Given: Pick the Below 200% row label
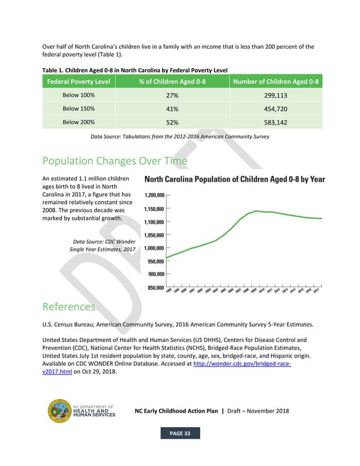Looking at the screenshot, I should (78, 121).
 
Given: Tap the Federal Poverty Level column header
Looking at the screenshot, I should (78, 82).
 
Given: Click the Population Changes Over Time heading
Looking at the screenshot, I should (115, 161).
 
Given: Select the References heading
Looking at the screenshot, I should (69, 306).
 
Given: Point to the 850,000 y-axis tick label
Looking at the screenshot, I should (154, 288).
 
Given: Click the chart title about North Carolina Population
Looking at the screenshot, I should (235, 179).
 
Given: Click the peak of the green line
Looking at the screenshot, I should (257, 211).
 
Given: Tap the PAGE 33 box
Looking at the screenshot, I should (180, 433).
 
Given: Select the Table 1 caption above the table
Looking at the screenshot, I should (135, 70).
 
